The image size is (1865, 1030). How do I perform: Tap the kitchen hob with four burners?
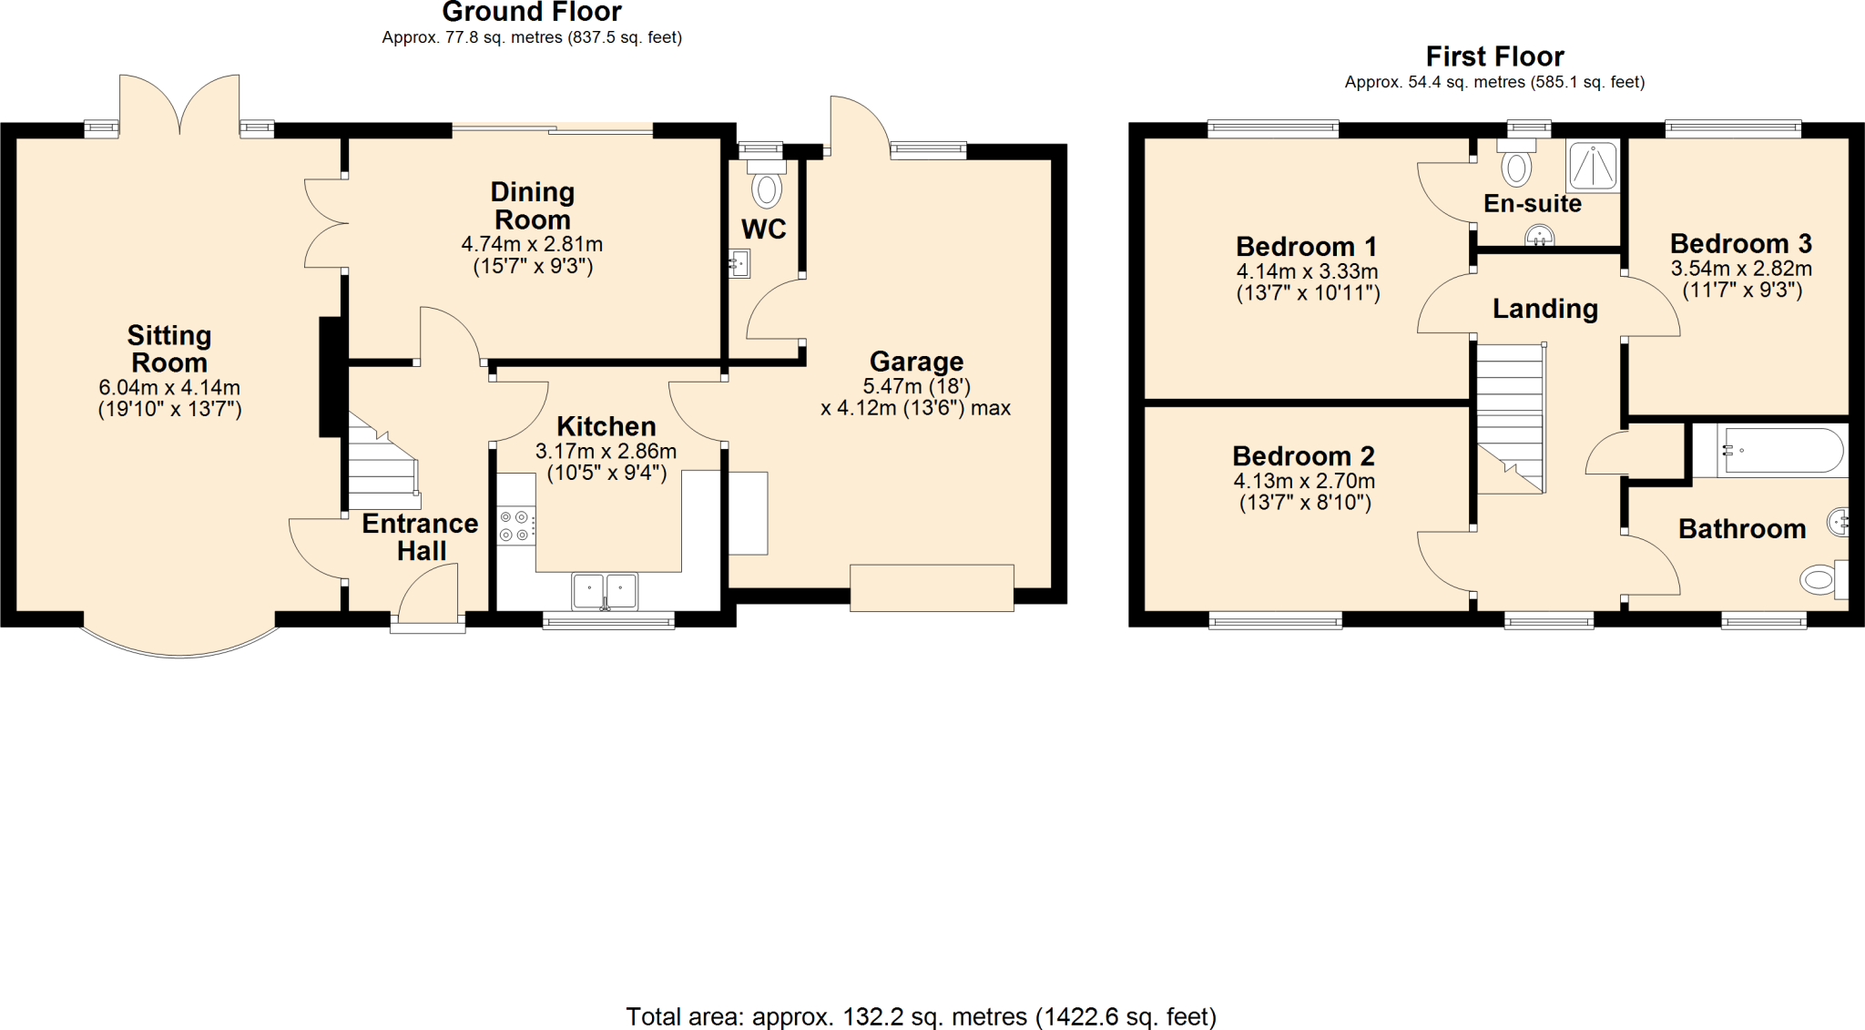[x=515, y=525]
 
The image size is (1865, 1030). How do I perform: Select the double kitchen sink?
[x=605, y=590]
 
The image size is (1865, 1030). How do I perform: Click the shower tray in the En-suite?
[x=1594, y=166]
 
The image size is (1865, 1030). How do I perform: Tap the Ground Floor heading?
[x=532, y=13]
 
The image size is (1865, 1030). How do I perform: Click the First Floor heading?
[x=1494, y=56]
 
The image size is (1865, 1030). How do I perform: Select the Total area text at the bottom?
[x=921, y=1016]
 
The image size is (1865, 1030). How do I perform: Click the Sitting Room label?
[x=169, y=349]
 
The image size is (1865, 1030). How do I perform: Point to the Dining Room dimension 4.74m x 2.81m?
[x=532, y=244]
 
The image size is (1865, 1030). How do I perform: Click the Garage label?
[x=916, y=362]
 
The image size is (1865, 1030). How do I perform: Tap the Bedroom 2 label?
[x=1303, y=455]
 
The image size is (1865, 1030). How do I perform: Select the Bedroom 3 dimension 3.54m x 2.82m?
[x=1740, y=269]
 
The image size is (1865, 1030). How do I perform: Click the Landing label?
[x=1544, y=309]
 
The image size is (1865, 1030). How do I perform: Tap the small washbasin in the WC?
[x=739, y=264]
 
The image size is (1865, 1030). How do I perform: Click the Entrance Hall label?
[x=420, y=536]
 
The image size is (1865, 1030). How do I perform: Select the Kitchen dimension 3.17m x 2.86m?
[x=606, y=452]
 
